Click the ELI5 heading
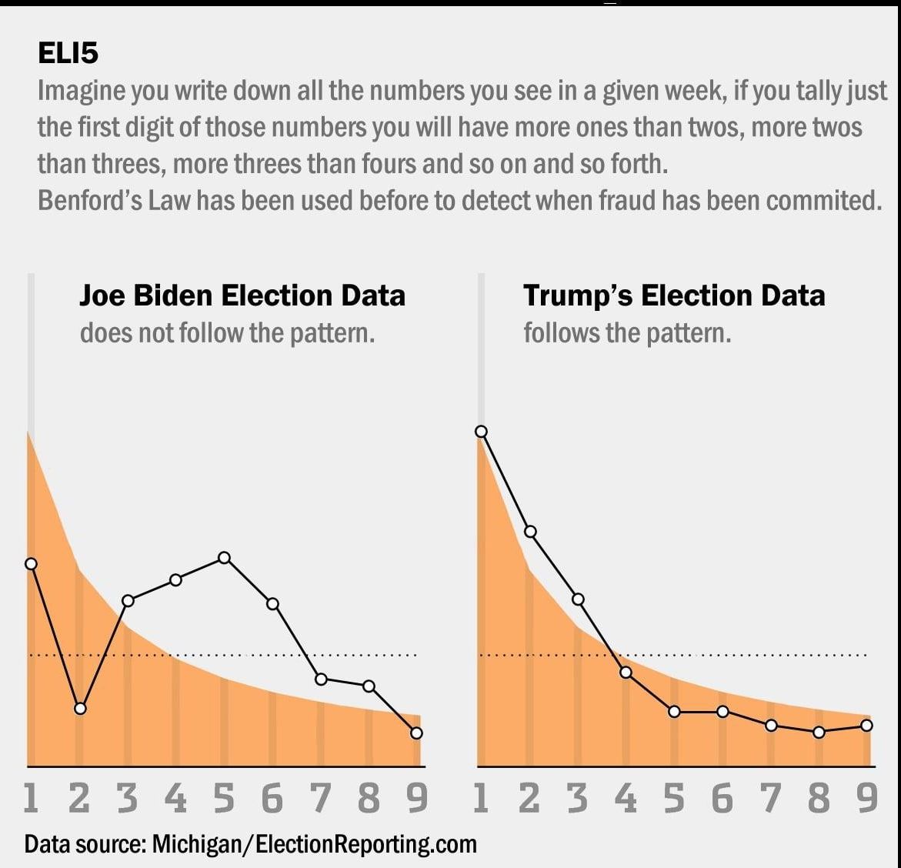coord(68,53)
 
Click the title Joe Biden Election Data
coord(242,295)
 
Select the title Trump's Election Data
coord(674,295)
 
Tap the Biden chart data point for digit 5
coord(224,558)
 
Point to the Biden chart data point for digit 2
coord(80,708)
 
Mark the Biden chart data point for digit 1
coord(32,564)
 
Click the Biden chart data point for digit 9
coord(416,733)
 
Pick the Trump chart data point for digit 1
coord(482,432)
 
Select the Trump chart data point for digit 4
coord(626,673)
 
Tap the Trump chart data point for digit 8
coord(819,733)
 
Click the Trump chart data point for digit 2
coord(530,532)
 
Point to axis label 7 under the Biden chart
coord(321,799)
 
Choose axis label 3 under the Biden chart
coord(127,799)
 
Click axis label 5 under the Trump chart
coord(674,799)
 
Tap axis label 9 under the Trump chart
coord(867,799)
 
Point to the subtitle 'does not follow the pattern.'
coord(227,333)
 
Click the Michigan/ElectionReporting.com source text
coord(314,843)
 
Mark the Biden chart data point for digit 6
coord(272,604)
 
